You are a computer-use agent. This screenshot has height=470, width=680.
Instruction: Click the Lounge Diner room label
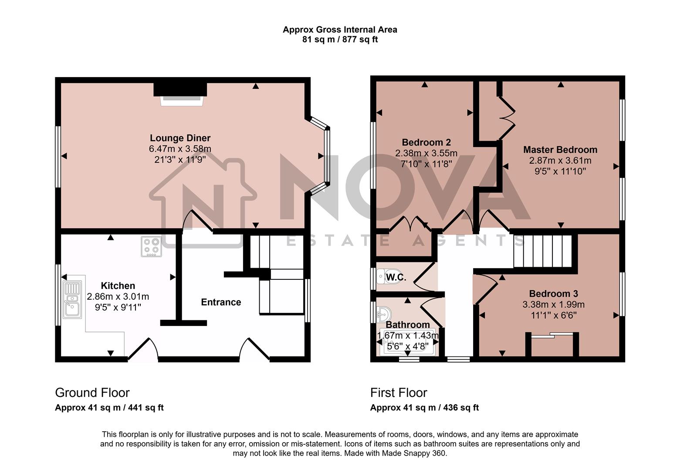click(180, 138)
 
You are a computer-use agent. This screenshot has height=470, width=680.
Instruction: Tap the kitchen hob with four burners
click(151, 247)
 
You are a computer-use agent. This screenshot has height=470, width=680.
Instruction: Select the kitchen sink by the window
click(72, 299)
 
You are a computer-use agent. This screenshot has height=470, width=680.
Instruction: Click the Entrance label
click(221, 302)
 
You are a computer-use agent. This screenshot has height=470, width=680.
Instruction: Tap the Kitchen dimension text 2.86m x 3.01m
click(118, 297)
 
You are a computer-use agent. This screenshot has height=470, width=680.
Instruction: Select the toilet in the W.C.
click(382, 276)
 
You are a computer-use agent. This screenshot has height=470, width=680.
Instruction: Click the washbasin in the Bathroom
click(384, 314)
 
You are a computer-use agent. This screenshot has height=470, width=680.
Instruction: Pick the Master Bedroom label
click(560, 150)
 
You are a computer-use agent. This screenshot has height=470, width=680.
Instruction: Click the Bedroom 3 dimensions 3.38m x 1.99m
click(553, 305)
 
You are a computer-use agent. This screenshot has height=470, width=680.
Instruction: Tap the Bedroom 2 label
click(426, 142)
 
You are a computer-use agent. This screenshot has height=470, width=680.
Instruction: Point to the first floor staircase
click(542, 251)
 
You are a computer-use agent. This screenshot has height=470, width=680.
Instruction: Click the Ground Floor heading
click(92, 393)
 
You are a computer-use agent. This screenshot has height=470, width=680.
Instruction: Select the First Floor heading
click(399, 393)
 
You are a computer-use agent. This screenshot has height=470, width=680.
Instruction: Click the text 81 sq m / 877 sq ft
click(340, 40)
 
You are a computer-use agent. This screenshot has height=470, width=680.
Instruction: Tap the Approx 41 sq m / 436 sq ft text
click(424, 408)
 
